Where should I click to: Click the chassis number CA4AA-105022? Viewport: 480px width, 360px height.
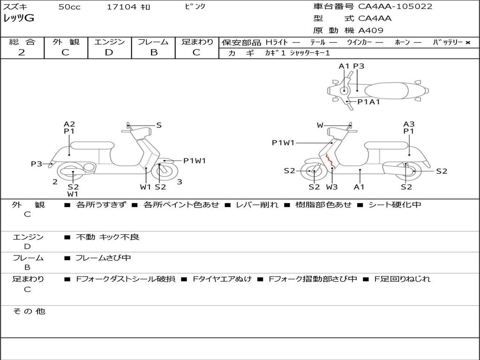tap(395, 7)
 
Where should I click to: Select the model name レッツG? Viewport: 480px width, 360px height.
tap(19, 18)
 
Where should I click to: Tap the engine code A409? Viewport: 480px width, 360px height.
tap(371, 30)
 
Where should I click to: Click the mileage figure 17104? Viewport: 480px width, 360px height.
tap(121, 7)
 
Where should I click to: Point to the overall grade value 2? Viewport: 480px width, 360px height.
tap(22, 52)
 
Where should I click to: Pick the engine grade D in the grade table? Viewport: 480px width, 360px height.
tap(109, 52)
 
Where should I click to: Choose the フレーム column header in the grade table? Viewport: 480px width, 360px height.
tap(153, 42)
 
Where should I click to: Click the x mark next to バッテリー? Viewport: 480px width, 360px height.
tap(468, 43)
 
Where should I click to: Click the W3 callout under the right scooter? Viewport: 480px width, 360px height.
tap(332, 187)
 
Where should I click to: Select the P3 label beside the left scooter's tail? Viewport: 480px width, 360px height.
tap(37, 164)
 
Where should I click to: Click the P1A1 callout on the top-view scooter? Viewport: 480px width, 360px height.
tap(368, 102)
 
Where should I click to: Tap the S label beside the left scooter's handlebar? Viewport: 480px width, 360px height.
tap(158, 125)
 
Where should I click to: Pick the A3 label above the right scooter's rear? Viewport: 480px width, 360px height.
tap(409, 124)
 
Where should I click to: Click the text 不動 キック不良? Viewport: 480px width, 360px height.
tap(107, 237)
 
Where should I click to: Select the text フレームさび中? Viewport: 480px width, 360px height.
tap(103, 258)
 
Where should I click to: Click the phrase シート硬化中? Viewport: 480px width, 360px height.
tap(395, 204)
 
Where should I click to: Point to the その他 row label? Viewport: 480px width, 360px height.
tap(29, 311)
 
